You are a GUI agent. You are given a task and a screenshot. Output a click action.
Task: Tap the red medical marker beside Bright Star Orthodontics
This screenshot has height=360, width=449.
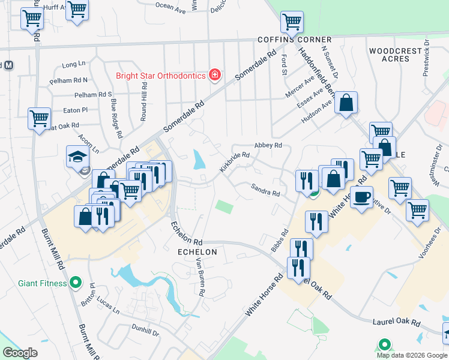click(214, 75)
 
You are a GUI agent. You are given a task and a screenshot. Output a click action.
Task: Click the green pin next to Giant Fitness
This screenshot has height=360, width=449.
click(76, 281)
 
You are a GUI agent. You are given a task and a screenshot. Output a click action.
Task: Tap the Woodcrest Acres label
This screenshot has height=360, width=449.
click(395, 55)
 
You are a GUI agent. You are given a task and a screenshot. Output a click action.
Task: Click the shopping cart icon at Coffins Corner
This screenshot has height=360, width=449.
click(292, 22)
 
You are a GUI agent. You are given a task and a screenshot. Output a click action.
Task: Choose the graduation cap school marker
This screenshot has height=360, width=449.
click(77, 157)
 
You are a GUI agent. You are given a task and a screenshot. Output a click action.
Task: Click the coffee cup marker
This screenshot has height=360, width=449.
click(362, 197)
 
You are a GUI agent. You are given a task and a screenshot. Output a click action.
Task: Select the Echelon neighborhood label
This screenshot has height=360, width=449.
click(196, 253)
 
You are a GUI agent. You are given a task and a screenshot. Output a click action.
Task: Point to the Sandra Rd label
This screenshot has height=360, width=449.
click(265, 190)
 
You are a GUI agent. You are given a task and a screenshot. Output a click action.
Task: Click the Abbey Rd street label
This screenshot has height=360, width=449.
click(268, 145)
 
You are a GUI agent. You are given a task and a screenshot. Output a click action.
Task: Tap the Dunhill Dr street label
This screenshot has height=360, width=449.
click(145, 331)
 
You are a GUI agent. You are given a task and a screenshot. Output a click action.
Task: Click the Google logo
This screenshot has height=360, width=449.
click(20, 353)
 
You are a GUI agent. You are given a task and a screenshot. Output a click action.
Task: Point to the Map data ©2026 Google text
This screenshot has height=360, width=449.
click(412, 355)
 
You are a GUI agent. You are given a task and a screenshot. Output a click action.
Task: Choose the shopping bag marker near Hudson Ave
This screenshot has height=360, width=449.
click(346, 103)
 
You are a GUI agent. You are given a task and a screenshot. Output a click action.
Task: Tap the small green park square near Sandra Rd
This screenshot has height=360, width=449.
click(224, 206)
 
